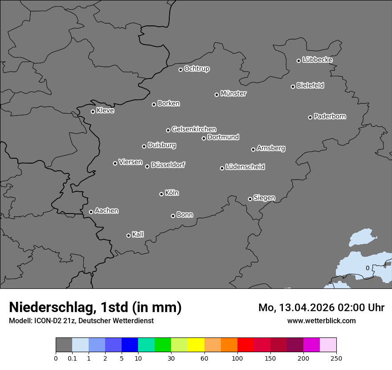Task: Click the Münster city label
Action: (x=233, y=94)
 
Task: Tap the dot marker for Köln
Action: (x=161, y=194)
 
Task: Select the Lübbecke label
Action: (x=317, y=60)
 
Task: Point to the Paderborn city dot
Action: (x=310, y=117)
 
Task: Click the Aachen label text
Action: (x=106, y=211)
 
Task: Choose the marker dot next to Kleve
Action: (x=93, y=111)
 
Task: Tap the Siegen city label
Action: (x=264, y=198)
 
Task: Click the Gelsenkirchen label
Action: (x=194, y=129)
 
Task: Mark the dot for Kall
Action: (x=128, y=235)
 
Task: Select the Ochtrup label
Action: (x=197, y=69)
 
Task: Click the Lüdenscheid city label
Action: (x=245, y=167)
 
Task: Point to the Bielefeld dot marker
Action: (x=293, y=86)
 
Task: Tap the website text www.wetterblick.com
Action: (x=321, y=321)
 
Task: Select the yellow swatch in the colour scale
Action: (x=196, y=345)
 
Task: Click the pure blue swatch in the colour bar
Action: (x=130, y=345)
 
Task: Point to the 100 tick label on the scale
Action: (x=237, y=358)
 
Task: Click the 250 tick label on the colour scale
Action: (x=336, y=358)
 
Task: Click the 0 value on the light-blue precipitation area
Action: (x=367, y=268)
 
